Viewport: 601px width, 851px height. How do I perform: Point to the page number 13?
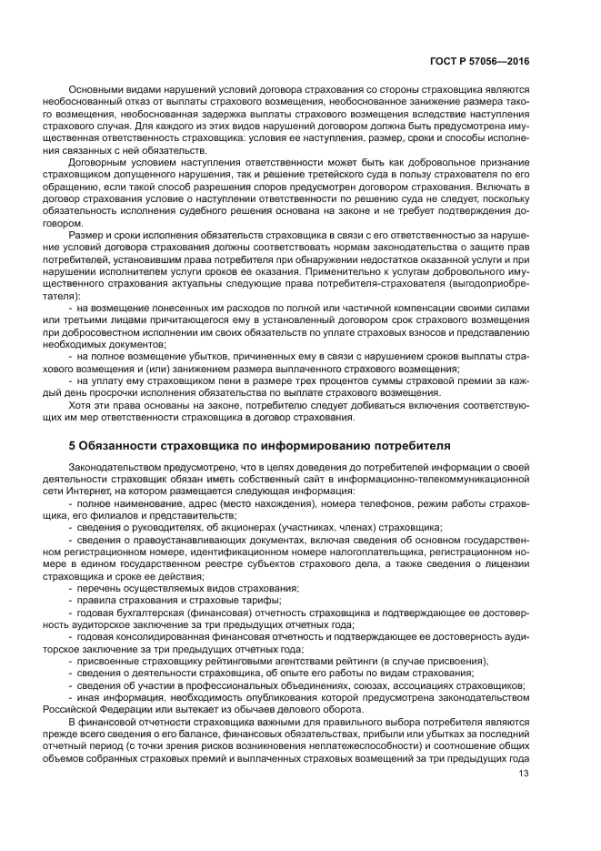[523, 774]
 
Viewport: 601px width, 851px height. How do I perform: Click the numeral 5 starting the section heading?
[72, 445]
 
